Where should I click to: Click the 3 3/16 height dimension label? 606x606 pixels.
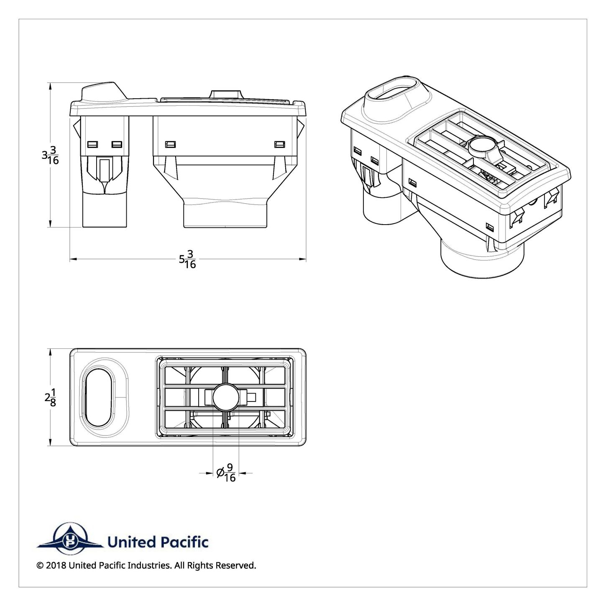(50, 155)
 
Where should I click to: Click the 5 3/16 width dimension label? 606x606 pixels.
(187, 259)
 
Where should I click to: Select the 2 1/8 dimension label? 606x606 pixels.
(50, 397)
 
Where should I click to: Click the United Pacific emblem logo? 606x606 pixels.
(69, 542)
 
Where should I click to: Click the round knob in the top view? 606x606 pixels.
(226, 397)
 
